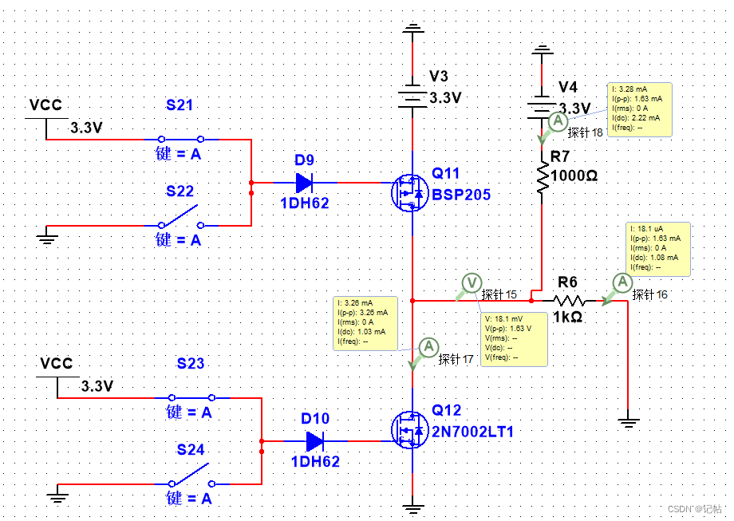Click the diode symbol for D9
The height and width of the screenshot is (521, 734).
pos(304,183)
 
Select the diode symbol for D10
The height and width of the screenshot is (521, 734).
pos(314,440)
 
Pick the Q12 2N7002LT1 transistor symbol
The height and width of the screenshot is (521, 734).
pos(408,430)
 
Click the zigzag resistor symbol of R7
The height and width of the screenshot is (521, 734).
pos(543,179)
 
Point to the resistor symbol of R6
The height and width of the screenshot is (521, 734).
pos(569,301)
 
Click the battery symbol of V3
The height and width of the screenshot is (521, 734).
pos(412,97)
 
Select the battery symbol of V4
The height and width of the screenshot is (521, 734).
pos(543,106)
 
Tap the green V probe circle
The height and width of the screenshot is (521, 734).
pos(472,282)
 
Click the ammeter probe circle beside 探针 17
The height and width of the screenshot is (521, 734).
pos(428,346)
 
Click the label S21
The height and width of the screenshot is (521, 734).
pos(180,105)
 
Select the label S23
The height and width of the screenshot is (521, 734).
pos(191,364)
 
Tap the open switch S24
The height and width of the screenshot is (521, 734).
pos(191,476)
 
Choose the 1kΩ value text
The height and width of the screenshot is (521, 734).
pos(568,317)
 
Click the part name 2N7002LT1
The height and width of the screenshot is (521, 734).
pos(473,432)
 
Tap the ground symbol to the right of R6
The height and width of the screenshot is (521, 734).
pos(629,422)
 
